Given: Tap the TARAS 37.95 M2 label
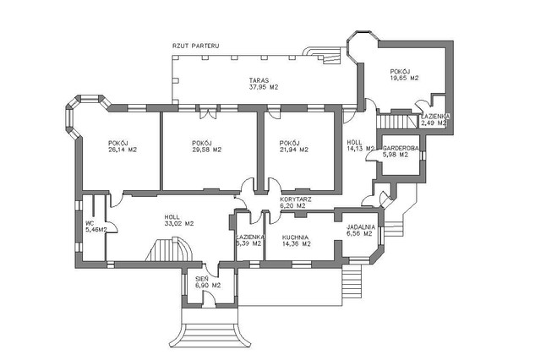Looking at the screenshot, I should pos(265,83).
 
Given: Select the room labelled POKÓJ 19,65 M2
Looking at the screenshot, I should pos(404,74).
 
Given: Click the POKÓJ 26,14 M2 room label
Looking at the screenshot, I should pos(123,146).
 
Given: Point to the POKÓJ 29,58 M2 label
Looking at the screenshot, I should pos(206,146).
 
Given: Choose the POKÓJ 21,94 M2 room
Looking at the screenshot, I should pos(293,146).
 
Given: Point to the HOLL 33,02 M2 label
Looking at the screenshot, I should pos(178,221).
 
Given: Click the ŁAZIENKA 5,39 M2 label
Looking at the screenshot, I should pos(250,240).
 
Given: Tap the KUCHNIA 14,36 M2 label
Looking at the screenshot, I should pos(296,240).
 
